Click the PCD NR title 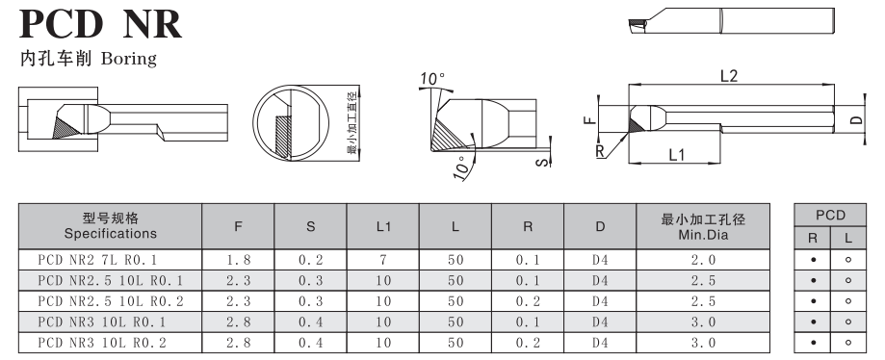(x=100, y=24)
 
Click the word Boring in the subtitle (x=129, y=59)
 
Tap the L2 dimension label (x=729, y=76)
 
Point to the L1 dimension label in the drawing (x=676, y=155)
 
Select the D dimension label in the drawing (x=857, y=119)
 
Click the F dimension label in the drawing (x=588, y=119)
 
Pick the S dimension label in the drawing (x=542, y=163)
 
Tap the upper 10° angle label (x=432, y=79)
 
